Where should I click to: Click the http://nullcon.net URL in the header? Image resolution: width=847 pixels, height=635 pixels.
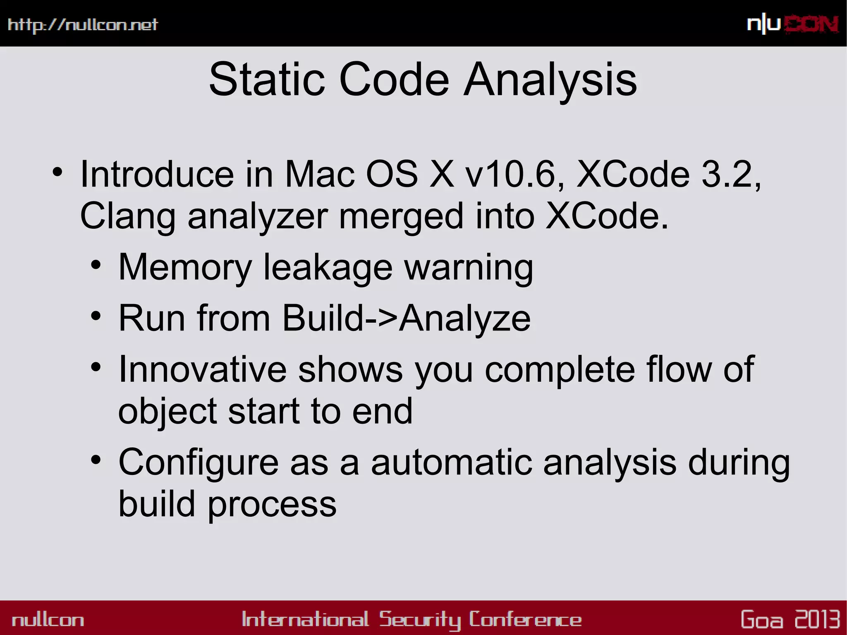pos(83,25)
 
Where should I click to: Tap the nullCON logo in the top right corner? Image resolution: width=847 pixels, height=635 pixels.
pos(792,24)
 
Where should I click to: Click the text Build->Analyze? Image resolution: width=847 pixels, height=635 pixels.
pos(406,319)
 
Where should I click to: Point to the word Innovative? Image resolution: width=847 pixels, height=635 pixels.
pos(202,369)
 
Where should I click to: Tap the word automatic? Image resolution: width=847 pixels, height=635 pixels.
pos(451,462)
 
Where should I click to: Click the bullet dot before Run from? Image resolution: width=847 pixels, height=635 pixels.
pos(96,317)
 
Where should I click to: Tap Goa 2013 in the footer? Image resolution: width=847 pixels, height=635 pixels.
pos(790,619)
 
